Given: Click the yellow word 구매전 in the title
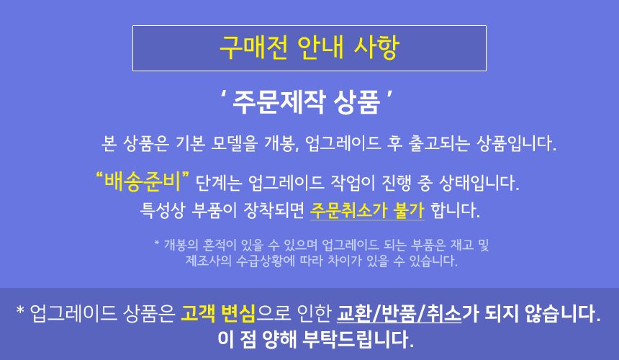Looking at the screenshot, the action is point(253,48).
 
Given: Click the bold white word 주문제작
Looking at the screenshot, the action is point(279,102).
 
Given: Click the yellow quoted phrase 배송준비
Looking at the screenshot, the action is point(143,181).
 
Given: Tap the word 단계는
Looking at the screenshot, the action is point(218,183).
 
